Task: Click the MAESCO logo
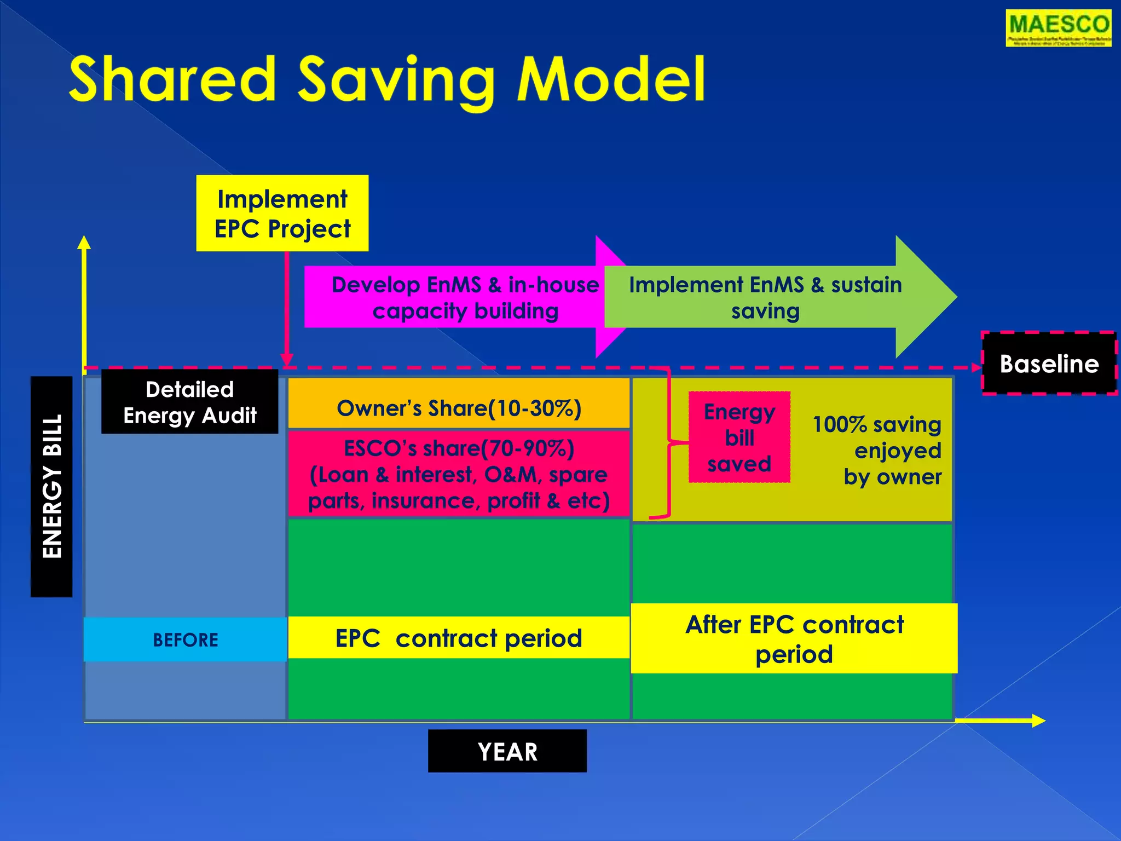click(1058, 28)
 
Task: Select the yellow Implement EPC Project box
click(282, 214)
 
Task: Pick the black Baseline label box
click(1049, 364)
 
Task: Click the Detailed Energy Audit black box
click(189, 402)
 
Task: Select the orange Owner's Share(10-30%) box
click(459, 408)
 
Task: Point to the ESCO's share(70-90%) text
click(459, 448)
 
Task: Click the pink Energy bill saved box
click(739, 437)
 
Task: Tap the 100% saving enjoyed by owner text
click(881, 451)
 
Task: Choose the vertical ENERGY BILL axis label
click(51, 486)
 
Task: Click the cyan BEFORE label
click(185, 640)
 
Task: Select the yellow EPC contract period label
click(459, 638)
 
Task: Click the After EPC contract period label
click(794, 639)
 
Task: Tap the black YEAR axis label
click(507, 751)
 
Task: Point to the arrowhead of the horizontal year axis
click(1038, 721)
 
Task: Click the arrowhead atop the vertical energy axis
click(84, 243)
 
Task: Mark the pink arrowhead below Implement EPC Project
click(286, 360)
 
